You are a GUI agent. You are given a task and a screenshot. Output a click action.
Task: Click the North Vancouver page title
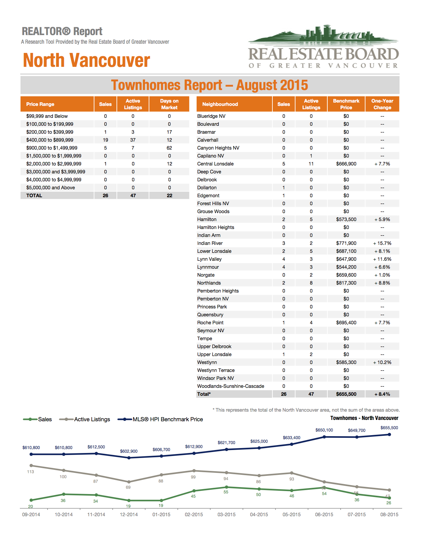[x=86, y=60]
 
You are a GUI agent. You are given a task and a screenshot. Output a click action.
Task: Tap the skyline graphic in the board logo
[x=323, y=34]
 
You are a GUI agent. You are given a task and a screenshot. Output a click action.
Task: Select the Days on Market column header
[x=169, y=104]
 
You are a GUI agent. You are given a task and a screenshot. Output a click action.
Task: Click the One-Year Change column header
[x=382, y=104]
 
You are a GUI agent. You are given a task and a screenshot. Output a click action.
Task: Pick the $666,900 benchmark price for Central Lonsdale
[x=346, y=164]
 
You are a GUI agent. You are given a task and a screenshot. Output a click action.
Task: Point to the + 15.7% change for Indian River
[x=382, y=243]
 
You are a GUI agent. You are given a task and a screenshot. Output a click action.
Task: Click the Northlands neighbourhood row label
[x=209, y=283]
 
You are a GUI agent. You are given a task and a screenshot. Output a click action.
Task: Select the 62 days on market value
[x=169, y=148]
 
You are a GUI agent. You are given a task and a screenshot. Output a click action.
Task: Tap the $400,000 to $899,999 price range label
[x=50, y=140]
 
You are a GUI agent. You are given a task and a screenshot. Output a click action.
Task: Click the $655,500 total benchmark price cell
[x=346, y=394]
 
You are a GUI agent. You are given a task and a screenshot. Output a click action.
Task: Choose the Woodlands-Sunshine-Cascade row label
[x=230, y=386]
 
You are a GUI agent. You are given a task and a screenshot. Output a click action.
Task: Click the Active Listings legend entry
[x=84, y=419]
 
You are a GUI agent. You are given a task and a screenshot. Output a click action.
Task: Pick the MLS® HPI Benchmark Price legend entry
[x=160, y=419]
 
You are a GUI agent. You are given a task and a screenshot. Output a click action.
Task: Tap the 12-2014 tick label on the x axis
[x=129, y=514]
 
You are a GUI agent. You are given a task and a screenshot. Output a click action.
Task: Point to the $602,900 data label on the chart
[x=129, y=451]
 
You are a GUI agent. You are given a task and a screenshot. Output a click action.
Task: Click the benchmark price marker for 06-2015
[x=324, y=437]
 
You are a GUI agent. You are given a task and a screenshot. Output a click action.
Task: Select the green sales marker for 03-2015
[x=226, y=487]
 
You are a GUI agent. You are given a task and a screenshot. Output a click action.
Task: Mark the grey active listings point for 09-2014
[x=31, y=466]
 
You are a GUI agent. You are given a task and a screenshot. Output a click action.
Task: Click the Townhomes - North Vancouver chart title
[x=364, y=418]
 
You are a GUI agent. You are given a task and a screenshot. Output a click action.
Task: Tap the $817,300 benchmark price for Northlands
[x=346, y=283]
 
